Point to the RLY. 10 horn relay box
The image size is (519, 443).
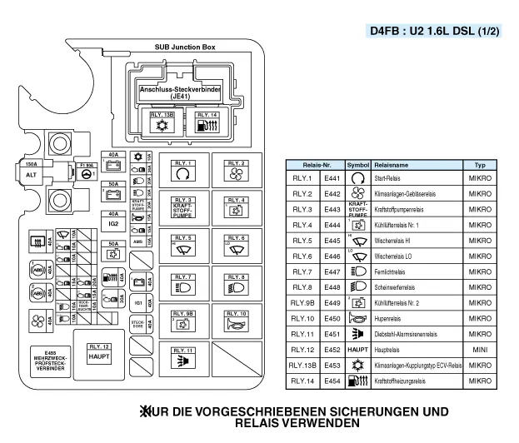233,322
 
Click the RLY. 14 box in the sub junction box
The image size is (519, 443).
206,122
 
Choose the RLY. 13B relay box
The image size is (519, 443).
161,122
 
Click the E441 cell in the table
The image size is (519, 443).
332,178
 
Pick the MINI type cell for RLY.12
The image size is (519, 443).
480,350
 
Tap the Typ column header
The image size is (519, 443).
480,165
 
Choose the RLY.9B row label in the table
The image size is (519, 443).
302,302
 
